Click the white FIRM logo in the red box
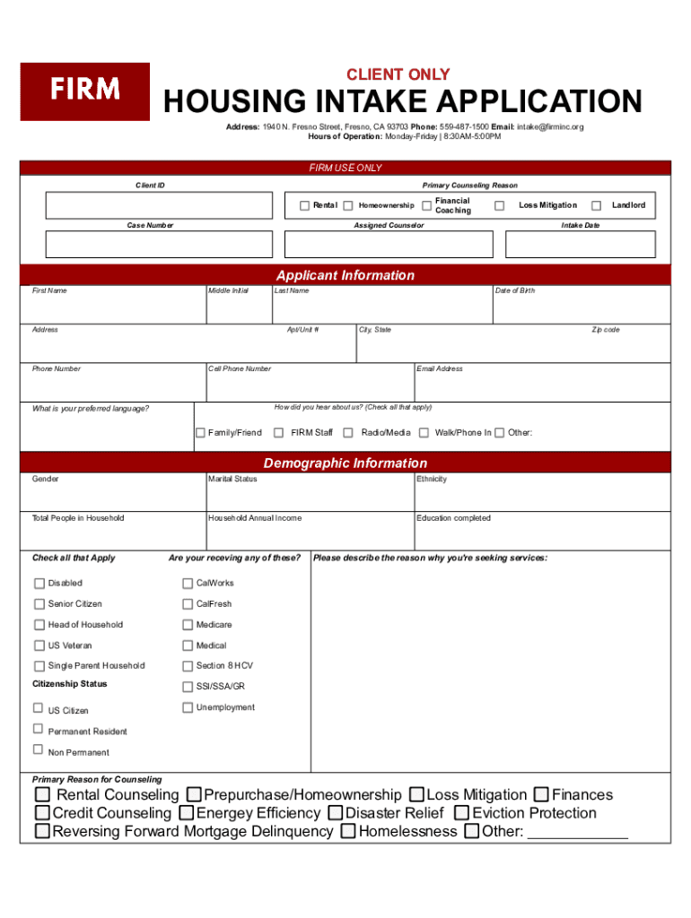click(x=85, y=90)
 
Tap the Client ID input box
click(x=159, y=205)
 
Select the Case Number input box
click(x=159, y=245)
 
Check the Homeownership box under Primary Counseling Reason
click(x=348, y=205)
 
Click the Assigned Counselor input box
click(x=389, y=245)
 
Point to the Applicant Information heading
click(x=345, y=275)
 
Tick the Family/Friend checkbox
click(x=201, y=433)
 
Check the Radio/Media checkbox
click(x=348, y=433)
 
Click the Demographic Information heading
click(x=345, y=463)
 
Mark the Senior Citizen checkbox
click(x=39, y=604)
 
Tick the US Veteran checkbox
click(x=39, y=645)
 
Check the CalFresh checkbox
click(x=188, y=604)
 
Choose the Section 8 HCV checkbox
click(x=188, y=666)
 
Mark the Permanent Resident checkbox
click(x=39, y=729)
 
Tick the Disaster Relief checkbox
click(x=335, y=813)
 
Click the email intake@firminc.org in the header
click(x=549, y=127)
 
